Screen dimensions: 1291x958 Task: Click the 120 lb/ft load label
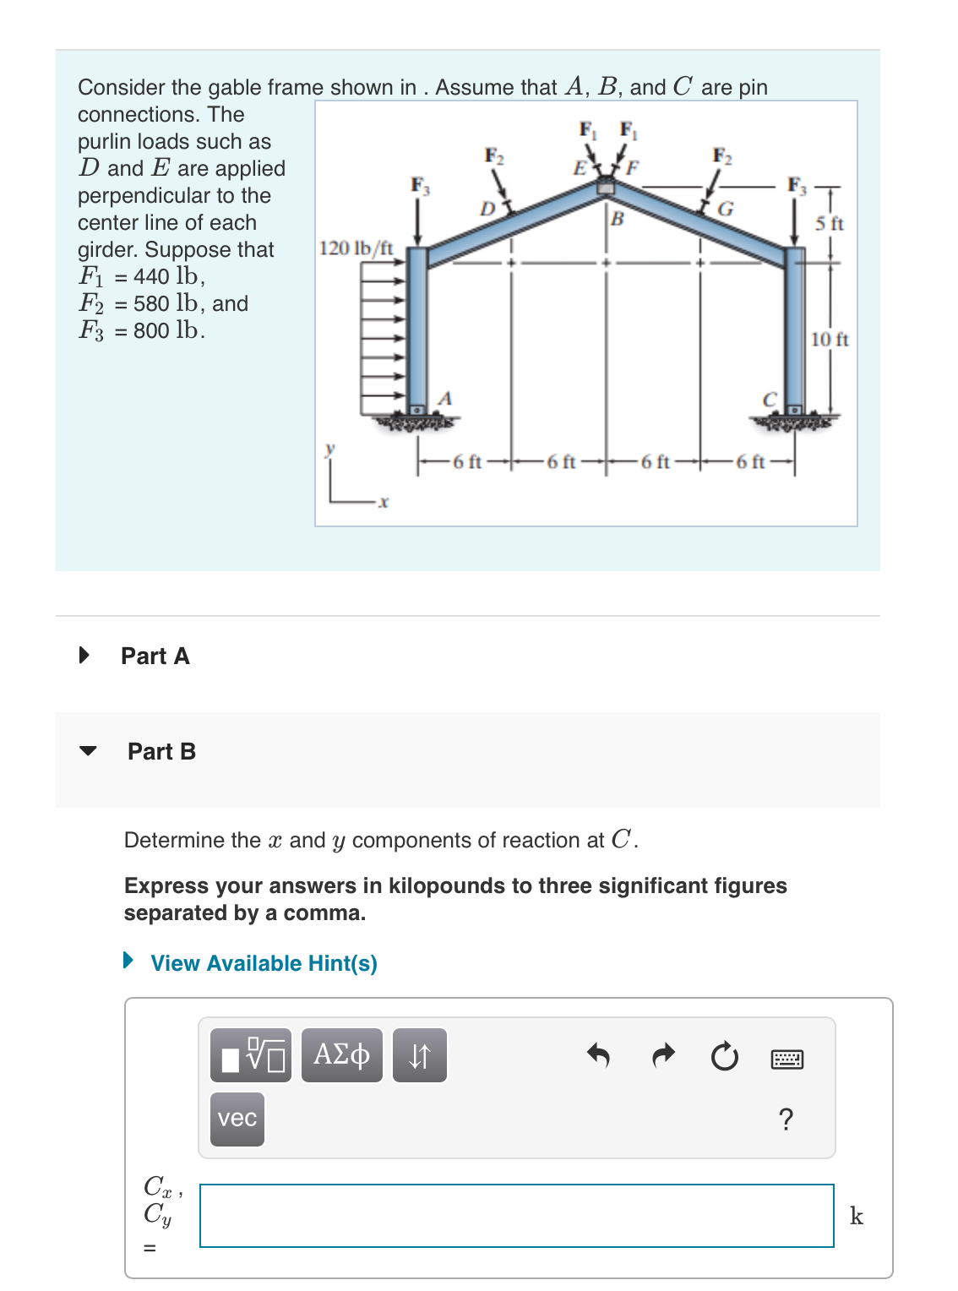pyautogui.click(x=356, y=248)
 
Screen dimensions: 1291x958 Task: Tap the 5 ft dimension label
pyautogui.click(x=829, y=224)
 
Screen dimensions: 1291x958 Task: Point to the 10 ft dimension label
pyautogui.click(x=829, y=340)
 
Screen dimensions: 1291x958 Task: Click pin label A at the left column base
pyautogui.click(x=446, y=398)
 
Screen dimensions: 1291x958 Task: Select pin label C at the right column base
pyautogui.click(x=769, y=399)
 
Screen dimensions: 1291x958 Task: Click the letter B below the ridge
pyautogui.click(x=618, y=220)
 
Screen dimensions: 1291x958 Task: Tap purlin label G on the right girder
pyautogui.click(x=725, y=209)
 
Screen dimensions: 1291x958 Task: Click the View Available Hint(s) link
pyautogui.click(x=264, y=963)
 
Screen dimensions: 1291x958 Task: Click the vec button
pyautogui.click(x=237, y=1119)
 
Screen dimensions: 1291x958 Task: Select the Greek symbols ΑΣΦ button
pyautogui.click(x=341, y=1055)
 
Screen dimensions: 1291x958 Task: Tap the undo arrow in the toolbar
pyautogui.click(x=598, y=1055)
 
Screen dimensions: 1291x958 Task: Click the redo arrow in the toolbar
pyautogui.click(x=664, y=1055)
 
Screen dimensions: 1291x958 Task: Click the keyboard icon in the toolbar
pyautogui.click(x=787, y=1059)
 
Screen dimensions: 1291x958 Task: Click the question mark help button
pyautogui.click(x=786, y=1119)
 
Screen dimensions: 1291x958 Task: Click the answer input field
pyautogui.click(x=516, y=1216)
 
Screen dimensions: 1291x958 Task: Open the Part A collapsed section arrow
pyautogui.click(x=84, y=656)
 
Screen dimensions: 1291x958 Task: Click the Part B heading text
pyautogui.click(x=161, y=751)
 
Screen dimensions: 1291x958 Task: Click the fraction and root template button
pyautogui.click(x=251, y=1055)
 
